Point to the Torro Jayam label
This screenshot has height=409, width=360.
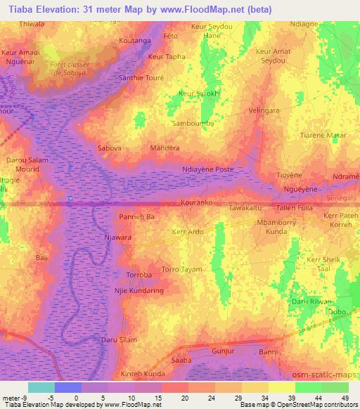point(181,269)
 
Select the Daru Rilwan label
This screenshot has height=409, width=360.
point(310,301)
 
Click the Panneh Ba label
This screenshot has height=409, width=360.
point(136,217)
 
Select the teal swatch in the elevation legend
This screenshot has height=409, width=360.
point(41,387)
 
